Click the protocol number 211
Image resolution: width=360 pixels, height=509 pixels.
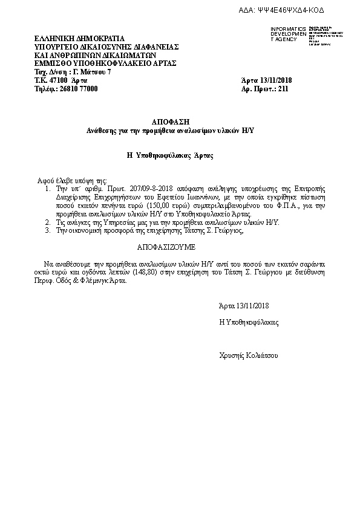(x=283, y=89)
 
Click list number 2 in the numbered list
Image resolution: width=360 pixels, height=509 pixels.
(x=48, y=223)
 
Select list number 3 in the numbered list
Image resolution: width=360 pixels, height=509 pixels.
(x=48, y=232)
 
